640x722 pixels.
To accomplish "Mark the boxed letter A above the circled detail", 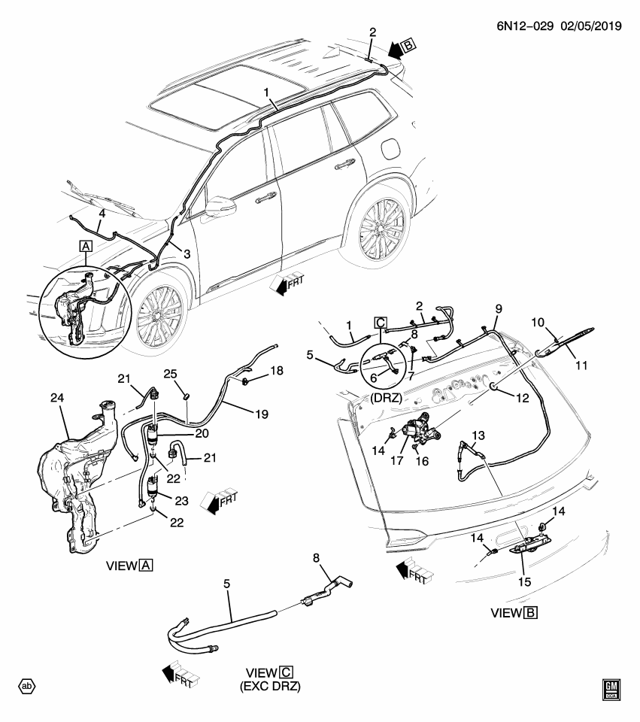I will click(85, 246).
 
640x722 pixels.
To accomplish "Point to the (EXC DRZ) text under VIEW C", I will click(267, 686).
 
